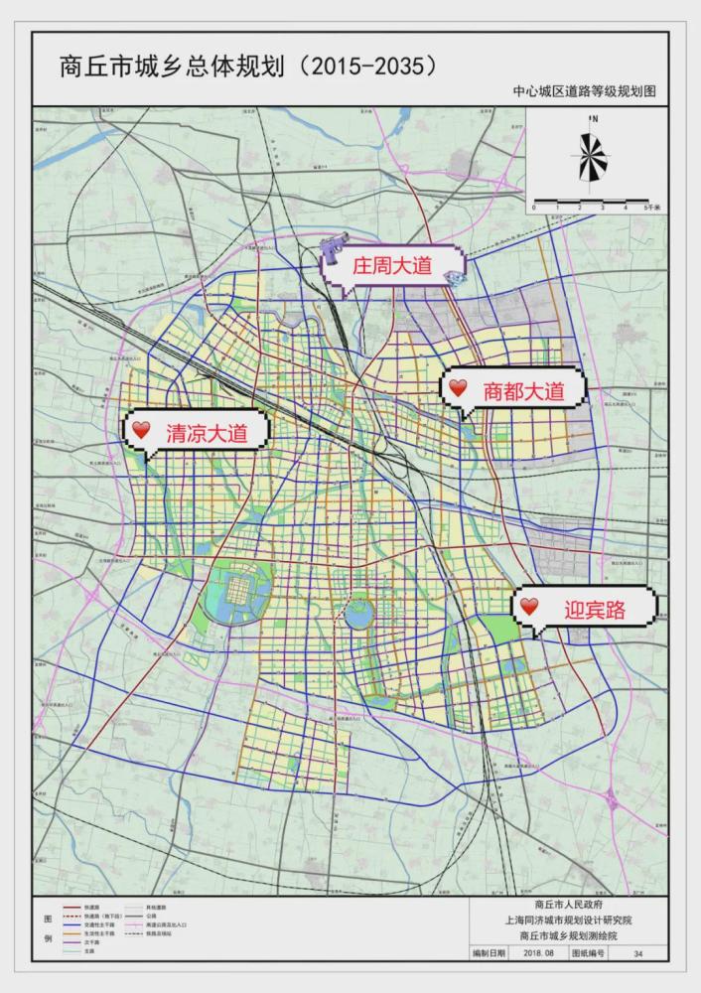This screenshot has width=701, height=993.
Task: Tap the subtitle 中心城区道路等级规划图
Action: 585,91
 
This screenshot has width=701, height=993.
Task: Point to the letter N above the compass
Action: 594,119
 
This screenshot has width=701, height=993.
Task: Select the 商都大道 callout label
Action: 523,390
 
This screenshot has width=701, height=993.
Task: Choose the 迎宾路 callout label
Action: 595,609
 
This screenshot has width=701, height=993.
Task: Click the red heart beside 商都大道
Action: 458,388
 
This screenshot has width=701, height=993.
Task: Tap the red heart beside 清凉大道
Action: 141,430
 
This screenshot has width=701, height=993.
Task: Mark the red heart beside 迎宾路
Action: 530,606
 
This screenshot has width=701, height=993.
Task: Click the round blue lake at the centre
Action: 357,617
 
